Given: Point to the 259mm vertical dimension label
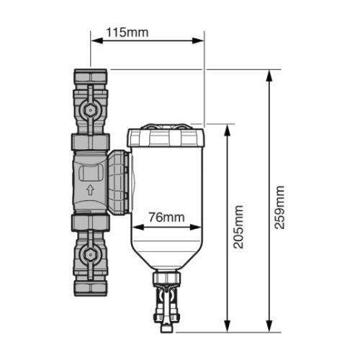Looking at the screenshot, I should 281,207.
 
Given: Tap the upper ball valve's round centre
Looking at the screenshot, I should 90,110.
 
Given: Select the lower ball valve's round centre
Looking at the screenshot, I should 90,254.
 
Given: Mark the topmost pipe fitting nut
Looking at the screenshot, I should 90,76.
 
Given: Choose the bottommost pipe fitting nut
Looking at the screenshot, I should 90,288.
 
